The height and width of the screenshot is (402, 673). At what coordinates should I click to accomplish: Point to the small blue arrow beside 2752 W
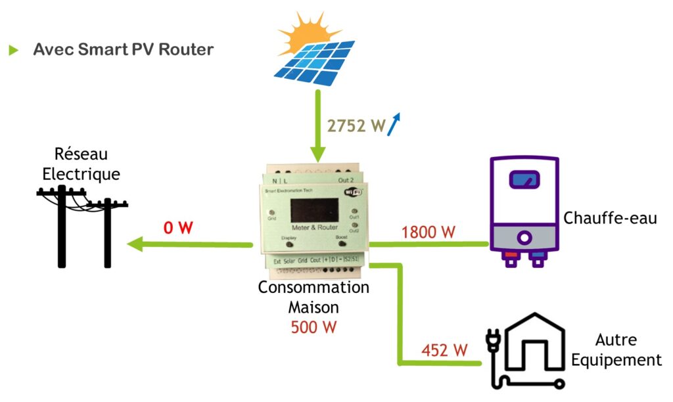pos(394,123)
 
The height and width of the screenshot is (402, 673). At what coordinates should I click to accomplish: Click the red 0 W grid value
pos(178,228)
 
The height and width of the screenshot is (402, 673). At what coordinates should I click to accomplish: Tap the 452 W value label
pos(445,350)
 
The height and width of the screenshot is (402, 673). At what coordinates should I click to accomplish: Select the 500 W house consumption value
pos(313,326)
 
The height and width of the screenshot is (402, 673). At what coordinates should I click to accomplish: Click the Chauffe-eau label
pos(610,218)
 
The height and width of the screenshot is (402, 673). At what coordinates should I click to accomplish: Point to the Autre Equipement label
pos(616,350)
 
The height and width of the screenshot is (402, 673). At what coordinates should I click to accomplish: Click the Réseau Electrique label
pos(81,164)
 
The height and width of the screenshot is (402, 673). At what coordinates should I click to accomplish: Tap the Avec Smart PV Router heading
pos(123,49)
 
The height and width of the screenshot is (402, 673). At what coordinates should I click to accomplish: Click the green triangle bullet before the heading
pos(14,50)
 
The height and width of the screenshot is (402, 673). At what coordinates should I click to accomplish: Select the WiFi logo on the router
pos(354,191)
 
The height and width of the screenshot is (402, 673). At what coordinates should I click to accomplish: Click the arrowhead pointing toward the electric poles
pos(136,245)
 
